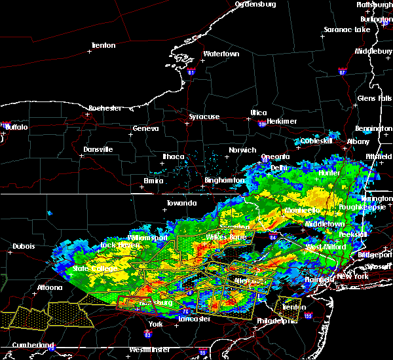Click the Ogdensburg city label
(x=255, y=5)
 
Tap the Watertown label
(x=221, y=54)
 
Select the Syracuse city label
(x=204, y=117)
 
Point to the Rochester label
(x=105, y=107)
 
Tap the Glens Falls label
(x=375, y=98)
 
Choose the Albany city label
(x=358, y=141)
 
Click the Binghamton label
(x=225, y=179)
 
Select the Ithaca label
(x=175, y=156)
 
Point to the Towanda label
(x=181, y=203)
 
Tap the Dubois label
(x=23, y=246)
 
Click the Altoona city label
(x=50, y=287)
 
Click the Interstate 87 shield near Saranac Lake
(x=342, y=69)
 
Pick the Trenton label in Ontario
(x=103, y=45)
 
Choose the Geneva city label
(x=145, y=129)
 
